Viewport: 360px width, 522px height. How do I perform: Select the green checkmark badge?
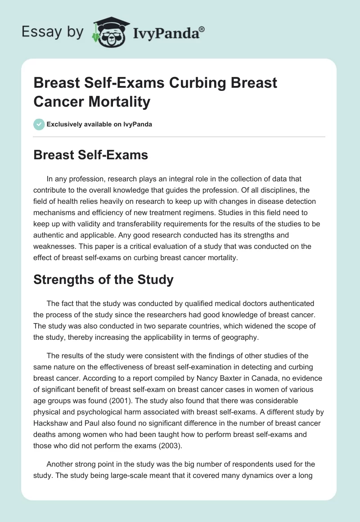click(x=39, y=124)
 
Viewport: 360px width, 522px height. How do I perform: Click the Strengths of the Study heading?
click(x=103, y=279)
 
